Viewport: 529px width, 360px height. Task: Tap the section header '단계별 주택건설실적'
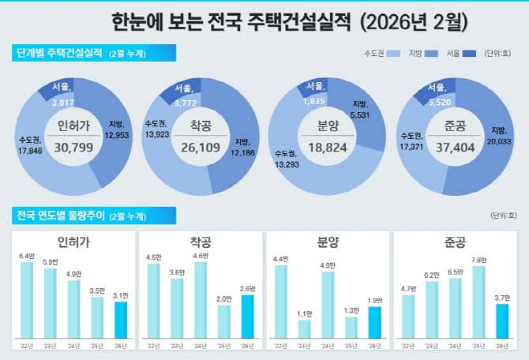coord(59,53)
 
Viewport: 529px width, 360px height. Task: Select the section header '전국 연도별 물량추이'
coord(59,215)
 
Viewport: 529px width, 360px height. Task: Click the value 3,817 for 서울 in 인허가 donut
coord(63,102)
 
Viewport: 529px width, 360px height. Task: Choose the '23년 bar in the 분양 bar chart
coord(305,328)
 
